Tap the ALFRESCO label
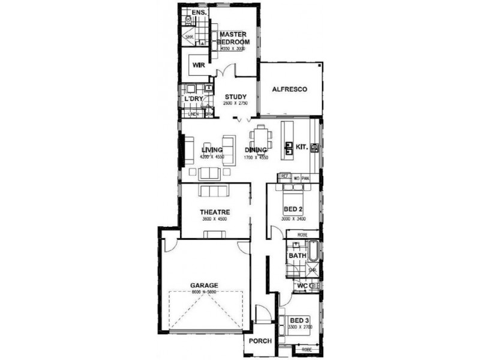(x=289, y=89)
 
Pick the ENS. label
(x=199, y=12)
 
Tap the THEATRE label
(x=215, y=212)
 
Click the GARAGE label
(x=204, y=285)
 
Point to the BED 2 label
(x=293, y=209)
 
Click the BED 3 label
(x=298, y=320)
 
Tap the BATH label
(x=298, y=256)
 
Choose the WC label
(x=302, y=286)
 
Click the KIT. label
(x=301, y=146)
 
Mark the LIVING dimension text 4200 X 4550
(x=212, y=157)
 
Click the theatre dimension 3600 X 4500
(x=215, y=220)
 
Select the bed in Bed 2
(x=293, y=191)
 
